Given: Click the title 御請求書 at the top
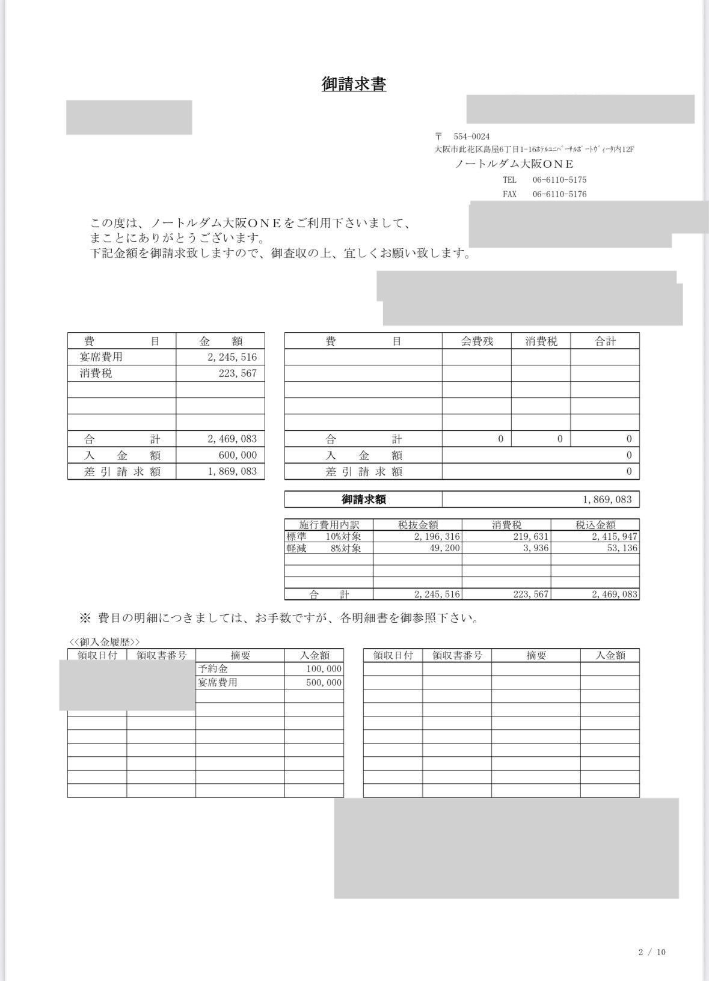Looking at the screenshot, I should point(354,84).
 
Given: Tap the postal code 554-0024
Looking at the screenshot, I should point(471,136).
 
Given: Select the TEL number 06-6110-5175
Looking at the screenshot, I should point(559,180).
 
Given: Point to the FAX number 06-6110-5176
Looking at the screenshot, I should point(559,194).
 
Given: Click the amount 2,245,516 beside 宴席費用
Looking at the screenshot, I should point(232,357).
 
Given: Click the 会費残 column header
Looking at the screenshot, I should point(477,341).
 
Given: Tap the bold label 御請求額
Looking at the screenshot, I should point(364,500).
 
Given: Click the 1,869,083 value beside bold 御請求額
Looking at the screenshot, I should point(607,500).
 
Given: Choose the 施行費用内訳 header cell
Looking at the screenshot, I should point(329,525).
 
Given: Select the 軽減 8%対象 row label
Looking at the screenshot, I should point(324,548).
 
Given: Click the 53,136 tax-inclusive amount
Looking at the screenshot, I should point(622,548).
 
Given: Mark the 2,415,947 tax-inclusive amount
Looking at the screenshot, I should point(615,536).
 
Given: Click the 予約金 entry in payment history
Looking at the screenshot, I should point(213,669).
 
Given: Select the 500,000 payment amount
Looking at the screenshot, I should point(324,683).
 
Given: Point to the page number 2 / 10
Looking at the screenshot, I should point(652,952).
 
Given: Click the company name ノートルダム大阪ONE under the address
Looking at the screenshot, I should point(514,164).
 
